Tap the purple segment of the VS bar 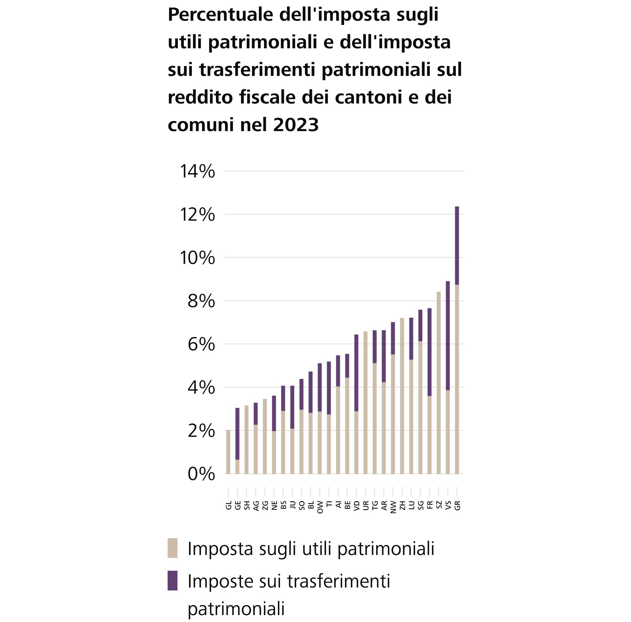pos(448,335)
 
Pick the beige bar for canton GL pos(228,452)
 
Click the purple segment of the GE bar pos(237,433)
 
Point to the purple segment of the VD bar pos(356,373)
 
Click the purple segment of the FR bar pos(430,352)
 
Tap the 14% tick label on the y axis pos(197,172)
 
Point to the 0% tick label pos(201,474)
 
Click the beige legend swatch pos(173,548)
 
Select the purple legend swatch pos(173,581)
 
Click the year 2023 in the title pos(296,125)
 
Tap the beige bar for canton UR pos(365,403)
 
